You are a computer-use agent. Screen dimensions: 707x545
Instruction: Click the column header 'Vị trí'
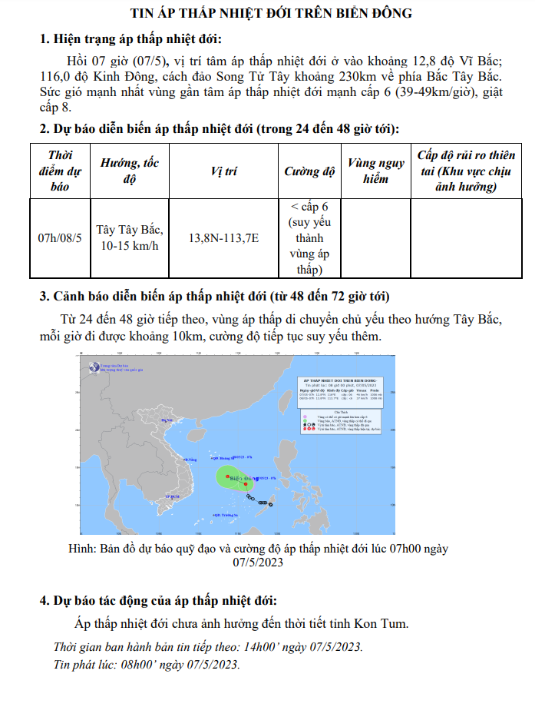point(223,171)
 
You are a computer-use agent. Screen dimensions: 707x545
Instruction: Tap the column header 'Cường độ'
point(309,171)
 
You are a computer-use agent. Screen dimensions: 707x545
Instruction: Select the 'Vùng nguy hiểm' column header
point(375,171)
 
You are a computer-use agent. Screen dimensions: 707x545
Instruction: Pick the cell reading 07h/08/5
point(60,237)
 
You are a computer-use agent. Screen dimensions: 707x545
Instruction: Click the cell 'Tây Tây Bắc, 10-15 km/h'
point(129,237)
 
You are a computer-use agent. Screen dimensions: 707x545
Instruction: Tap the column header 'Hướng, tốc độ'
point(129,171)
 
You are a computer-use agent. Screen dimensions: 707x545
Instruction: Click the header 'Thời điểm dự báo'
point(60,171)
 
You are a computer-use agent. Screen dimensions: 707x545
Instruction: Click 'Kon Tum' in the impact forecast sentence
point(384,622)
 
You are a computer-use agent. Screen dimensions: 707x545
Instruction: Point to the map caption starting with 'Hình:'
point(258,556)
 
